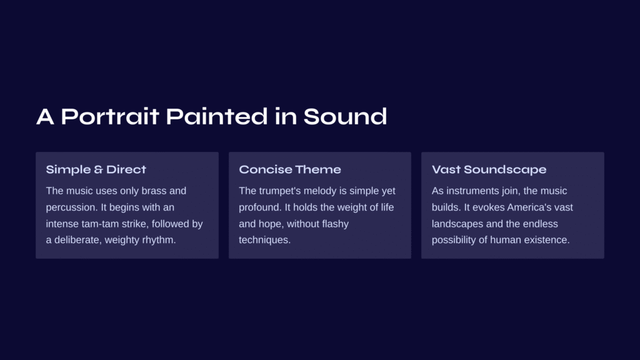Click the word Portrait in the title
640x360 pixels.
[x=110, y=116]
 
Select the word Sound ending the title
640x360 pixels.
[x=345, y=116]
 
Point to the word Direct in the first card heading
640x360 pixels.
[x=126, y=169]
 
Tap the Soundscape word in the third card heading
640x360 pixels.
[x=505, y=170]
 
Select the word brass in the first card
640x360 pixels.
[x=154, y=191]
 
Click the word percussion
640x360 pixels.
[x=72, y=207]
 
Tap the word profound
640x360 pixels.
[x=260, y=207]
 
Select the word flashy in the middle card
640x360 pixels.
[x=336, y=224]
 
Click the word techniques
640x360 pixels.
[x=264, y=240]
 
